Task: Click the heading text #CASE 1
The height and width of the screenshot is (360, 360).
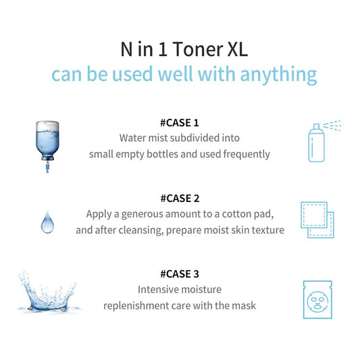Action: click(x=180, y=123)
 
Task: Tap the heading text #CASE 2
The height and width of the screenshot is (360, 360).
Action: click(x=180, y=199)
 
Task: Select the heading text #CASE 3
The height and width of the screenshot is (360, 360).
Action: click(x=180, y=274)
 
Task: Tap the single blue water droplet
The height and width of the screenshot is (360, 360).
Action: click(x=47, y=222)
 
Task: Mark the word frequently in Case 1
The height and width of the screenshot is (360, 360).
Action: click(x=246, y=154)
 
